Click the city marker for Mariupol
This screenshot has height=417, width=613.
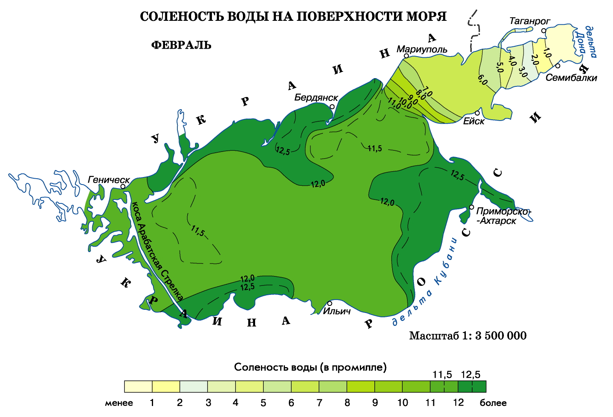click(x=407, y=56)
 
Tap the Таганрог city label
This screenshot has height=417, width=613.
click(x=529, y=21)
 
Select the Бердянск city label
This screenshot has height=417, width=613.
click(x=316, y=97)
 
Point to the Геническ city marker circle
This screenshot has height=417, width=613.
click(x=123, y=187)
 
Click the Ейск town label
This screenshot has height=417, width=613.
click(x=474, y=121)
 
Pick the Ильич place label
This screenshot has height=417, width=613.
click(x=336, y=311)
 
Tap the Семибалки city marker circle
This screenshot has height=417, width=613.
click(x=558, y=66)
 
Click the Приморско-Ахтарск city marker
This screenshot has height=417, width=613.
click(x=472, y=207)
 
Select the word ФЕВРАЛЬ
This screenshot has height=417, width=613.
click(x=181, y=45)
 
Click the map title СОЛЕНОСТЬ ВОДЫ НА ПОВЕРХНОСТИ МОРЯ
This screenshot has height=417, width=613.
click(x=293, y=16)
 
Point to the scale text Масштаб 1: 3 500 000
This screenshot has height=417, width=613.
click(x=468, y=336)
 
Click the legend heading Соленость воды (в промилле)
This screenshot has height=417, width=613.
click(x=310, y=367)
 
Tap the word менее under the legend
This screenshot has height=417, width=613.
click(x=119, y=403)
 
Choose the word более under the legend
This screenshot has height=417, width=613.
click(x=493, y=403)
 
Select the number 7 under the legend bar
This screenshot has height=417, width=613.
click(x=319, y=403)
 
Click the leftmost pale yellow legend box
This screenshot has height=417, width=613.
click(x=138, y=386)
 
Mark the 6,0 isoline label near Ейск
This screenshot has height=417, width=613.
click(x=482, y=80)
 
